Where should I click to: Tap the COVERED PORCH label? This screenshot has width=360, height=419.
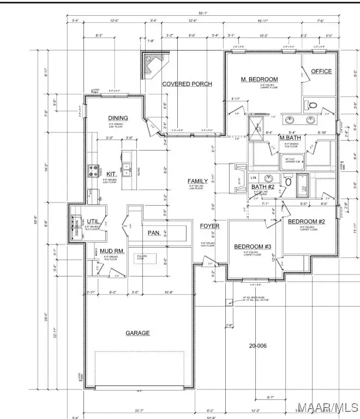[187, 83]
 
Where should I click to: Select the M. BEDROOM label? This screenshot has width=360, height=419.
[260, 80]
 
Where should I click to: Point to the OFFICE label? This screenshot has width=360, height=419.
[321, 71]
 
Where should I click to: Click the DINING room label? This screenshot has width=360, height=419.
[118, 118]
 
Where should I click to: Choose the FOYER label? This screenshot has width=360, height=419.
[209, 225]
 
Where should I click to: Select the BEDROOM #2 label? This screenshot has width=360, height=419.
[307, 222]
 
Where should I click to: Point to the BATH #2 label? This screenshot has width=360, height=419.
[262, 187]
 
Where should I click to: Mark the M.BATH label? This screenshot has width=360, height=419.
[290, 137]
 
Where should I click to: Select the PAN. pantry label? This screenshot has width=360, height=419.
[154, 233]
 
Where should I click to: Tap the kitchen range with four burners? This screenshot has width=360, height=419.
[93, 171]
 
